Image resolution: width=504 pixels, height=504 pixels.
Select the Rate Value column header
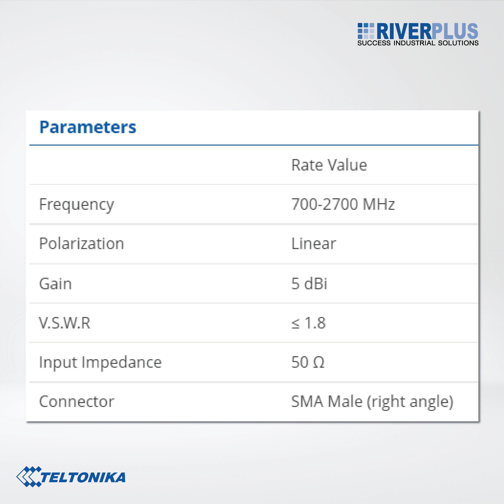pyautogui.click(x=329, y=165)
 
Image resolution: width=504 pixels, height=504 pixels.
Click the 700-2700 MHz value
pyautogui.click(x=343, y=204)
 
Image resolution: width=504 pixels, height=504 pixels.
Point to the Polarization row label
pyautogui.click(x=81, y=244)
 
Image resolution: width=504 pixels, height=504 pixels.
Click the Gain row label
pyautogui.click(x=55, y=283)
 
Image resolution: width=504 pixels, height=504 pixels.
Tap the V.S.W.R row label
pyautogui.click(x=64, y=323)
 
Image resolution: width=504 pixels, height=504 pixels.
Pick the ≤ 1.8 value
pyautogui.click(x=308, y=323)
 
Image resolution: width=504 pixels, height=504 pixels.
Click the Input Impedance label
pyautogui.click(x=100, y=363)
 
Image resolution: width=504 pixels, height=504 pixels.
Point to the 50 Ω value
pyautogui.click(x=308, y=363)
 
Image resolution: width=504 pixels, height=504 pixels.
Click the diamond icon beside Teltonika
pyautogui.click(x=28, y=476)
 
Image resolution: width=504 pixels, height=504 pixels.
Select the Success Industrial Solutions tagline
pyautogui.click(x=418, y=43)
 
